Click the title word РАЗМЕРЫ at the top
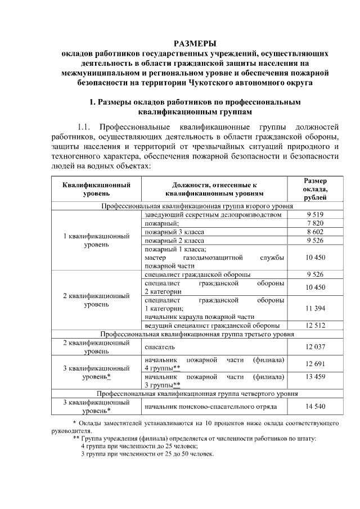[x=194, y=43]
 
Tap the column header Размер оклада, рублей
[x=315, y=189]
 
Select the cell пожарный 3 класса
[x=174, y=232]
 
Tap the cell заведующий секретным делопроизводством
[x=212, y=215]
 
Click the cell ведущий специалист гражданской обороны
[x=212, y=326]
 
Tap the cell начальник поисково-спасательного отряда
[x=210, y=406]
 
